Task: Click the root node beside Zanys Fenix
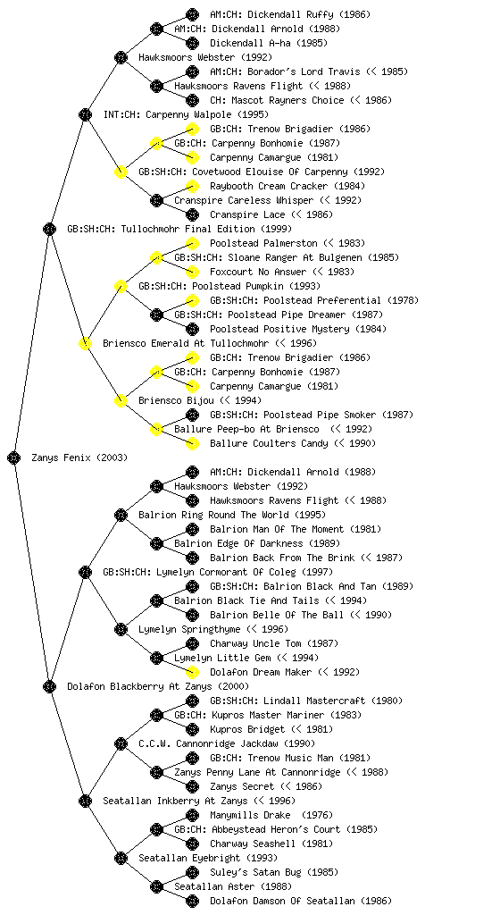point(14,457)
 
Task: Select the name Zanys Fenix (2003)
point(79,457)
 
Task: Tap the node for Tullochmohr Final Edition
point(49,229)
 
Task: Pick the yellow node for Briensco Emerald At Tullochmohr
point(85,343)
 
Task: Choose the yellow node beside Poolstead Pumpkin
point(121,286)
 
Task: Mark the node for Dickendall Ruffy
point(192,14)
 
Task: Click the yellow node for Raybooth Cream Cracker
point(192,186)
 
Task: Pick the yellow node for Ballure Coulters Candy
point(192,443)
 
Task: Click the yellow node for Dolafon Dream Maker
point(192,672)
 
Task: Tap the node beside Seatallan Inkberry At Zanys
point(85,801)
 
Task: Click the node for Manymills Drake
point(192,815)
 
